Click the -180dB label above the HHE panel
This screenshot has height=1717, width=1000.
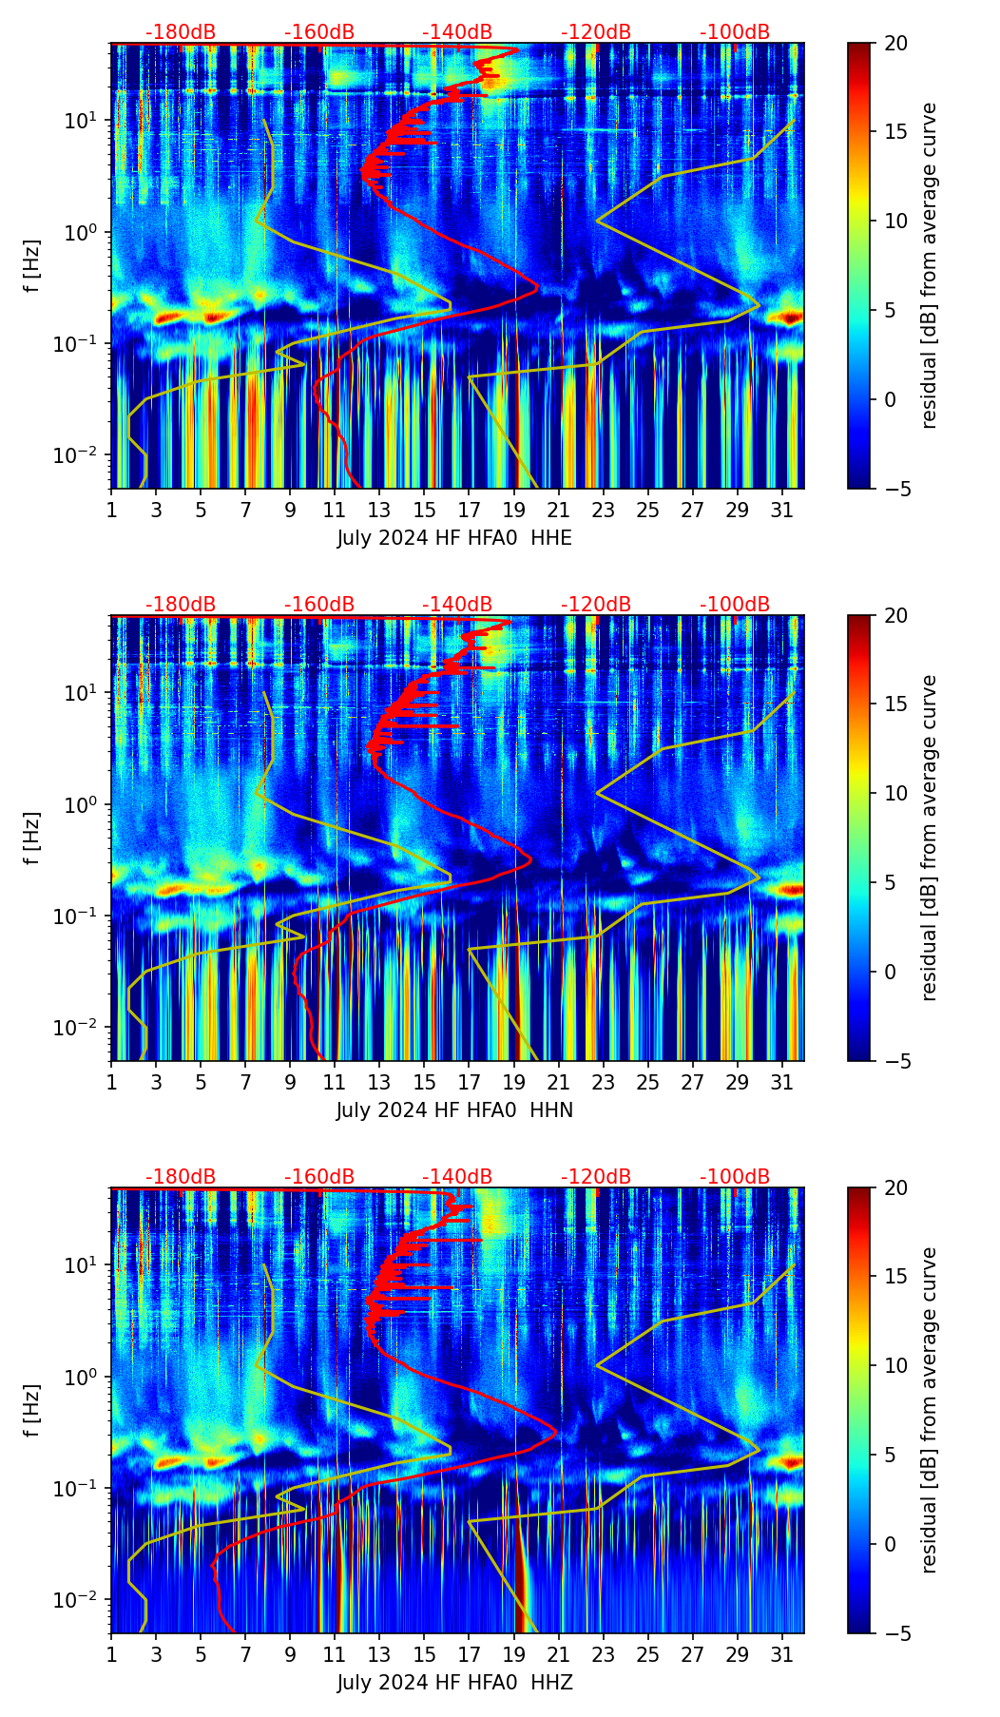click(x=181, y=32)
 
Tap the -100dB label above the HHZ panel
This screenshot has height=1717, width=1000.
click(x=735, y=1177)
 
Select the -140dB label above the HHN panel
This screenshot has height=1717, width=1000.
click(x=457, y=605)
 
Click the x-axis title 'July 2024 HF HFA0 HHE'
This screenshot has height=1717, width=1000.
click(x=454, y=538)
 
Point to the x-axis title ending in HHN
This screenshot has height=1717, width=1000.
click(x=454, y=1110)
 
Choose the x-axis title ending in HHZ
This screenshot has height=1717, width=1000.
click(x=454, y=1683)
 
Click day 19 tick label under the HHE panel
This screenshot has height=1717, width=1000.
click(x=514, y=511)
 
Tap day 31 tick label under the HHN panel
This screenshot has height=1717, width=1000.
click(x=782, y=1083)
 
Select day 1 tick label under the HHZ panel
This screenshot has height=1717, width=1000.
click(x=112, y=1655)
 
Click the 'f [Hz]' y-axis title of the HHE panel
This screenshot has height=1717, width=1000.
click(x=33, y=265)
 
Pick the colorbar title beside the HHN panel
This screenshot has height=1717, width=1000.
click(x=930, y=838)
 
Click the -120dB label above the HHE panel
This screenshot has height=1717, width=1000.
click(x=596, y=32)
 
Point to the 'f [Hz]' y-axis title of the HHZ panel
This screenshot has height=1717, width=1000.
click(x=33, y=1410)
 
